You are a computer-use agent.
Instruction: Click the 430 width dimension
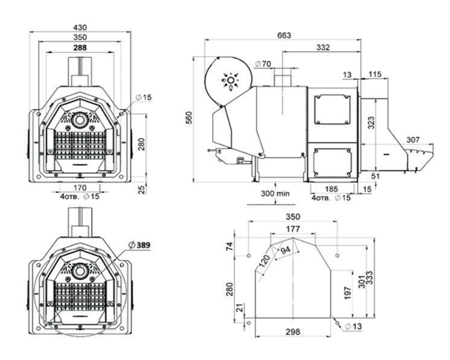[x=80, y=27]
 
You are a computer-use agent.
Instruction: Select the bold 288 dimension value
[x=80, y=47]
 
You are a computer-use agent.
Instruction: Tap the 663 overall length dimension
[x=284, y=35]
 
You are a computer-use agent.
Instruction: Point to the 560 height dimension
[x=189, y=118]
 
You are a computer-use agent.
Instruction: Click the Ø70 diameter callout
[x=263, y=64]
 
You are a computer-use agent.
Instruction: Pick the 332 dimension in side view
[x=323, y=47]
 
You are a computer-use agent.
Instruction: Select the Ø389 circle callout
[x=139, y=245]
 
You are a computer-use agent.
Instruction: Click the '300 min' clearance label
[x=275, y=193]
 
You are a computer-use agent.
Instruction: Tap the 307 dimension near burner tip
[x=413, y=140]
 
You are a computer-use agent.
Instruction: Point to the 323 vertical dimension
[x=371, y=122]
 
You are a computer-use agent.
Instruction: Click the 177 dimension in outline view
[x=293, y=229]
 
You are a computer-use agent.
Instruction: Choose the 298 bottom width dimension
[x=293, y=332]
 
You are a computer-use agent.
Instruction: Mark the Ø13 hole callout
[x=353, y=326]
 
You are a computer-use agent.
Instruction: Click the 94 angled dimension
[x=285, y=250]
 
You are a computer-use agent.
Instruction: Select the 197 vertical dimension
[x=347, y=293]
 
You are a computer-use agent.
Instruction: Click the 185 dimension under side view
[x=332, y=189]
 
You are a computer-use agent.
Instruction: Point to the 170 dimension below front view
[x=80, y=188]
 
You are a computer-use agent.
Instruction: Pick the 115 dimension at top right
[x=375, y=74]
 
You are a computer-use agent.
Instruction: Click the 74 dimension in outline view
[x=229, y=246]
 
